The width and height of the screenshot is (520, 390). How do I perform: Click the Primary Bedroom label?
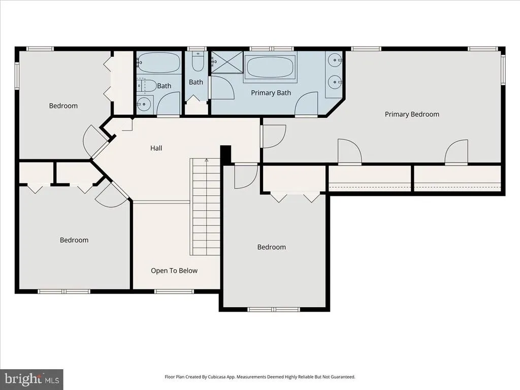412,114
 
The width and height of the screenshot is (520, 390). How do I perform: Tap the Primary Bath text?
271,93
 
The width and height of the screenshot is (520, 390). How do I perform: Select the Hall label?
156,148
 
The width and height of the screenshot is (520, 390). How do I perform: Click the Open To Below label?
174,271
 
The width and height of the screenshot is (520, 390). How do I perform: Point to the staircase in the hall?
205,207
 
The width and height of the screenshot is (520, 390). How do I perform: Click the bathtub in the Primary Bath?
270,67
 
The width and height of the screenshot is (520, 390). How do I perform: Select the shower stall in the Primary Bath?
227,62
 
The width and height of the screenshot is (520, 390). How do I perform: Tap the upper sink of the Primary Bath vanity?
335,60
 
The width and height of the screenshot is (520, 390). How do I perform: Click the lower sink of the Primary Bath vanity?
335,82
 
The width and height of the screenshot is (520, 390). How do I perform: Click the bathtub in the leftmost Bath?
158,62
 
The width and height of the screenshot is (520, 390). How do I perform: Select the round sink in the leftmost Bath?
144,104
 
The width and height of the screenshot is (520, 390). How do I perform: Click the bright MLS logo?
31,379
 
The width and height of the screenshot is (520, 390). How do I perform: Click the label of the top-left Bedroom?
63,106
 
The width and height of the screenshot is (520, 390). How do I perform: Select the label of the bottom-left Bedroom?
74,240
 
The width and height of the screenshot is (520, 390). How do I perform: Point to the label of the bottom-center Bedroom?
272,247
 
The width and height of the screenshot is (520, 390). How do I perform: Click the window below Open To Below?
174,291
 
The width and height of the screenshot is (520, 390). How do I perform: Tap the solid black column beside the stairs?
226,155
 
